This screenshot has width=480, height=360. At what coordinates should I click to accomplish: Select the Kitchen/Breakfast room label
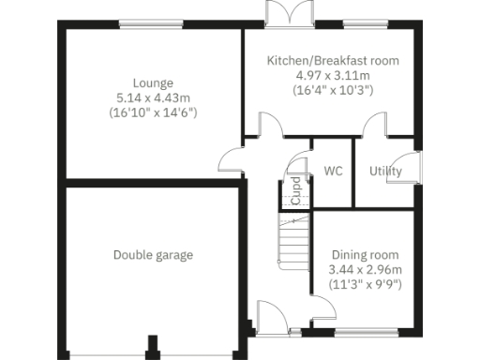[333, 61]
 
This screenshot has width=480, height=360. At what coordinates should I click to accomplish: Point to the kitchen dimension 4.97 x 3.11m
[333, 76]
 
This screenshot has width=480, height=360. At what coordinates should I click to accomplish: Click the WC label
[332, 172]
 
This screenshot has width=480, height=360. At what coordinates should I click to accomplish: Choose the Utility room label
[385, 172]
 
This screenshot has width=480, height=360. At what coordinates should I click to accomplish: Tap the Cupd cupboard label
[295, 191]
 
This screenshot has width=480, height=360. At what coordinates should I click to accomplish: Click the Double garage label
[153, 255]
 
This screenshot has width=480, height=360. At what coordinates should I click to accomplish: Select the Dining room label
[366, 255]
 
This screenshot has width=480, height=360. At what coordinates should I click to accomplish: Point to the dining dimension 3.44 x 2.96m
[366, 270]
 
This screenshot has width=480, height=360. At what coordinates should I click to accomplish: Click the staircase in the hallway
[292, 240]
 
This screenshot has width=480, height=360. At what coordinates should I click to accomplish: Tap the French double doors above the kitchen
[286, 14]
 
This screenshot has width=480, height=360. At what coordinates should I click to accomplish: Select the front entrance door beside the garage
[271, 319]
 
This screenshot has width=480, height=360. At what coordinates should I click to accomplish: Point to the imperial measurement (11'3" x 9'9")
[366, 285]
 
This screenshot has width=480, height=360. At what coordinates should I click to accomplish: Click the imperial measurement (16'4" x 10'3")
[333, 91]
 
